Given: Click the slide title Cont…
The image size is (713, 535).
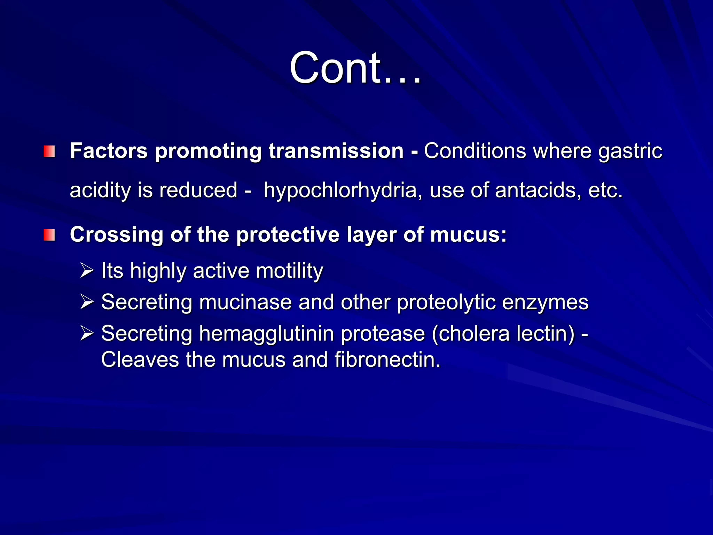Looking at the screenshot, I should click(x=355, y=68).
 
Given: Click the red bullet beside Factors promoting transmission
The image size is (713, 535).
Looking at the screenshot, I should click(x=49, y=152).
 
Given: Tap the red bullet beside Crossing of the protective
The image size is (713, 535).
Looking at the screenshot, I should click(x=49, y=235).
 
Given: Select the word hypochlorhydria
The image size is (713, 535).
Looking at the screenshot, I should click(x=340, y=191).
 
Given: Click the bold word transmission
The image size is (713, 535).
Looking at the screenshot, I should click(x=336, y=151).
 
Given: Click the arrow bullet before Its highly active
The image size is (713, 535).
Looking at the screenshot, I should click(x=87, y=271).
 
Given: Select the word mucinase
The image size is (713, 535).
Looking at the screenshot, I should click(x=245, y=302).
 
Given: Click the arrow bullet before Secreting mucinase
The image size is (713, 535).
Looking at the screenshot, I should click(x=87, y=302).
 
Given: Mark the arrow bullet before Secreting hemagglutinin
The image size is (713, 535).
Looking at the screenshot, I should click(x=87, y=333).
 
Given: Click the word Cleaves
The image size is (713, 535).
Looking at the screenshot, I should click(x=140, y=359).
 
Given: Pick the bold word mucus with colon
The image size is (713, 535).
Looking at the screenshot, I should click(x=468, y=234).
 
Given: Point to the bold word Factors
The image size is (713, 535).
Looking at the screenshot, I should click(x=109, y=151).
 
